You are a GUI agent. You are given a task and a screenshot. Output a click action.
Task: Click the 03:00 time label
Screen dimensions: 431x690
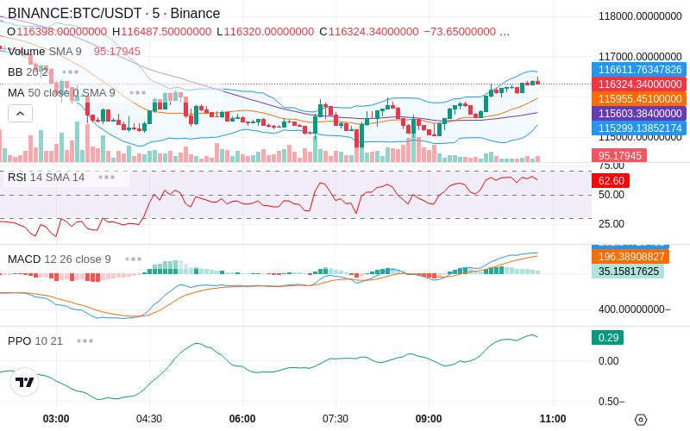pos(56,419)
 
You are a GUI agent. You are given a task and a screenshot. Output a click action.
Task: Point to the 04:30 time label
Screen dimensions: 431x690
pos(148,419)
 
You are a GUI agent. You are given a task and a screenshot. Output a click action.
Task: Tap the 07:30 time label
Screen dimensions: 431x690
pos(335,419)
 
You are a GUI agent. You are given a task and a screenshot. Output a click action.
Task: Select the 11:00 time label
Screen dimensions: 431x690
pos(552,419)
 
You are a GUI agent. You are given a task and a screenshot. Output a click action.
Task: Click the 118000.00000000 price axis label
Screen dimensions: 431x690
pos(640,16)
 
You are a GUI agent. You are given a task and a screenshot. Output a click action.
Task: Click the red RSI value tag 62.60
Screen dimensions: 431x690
pos(611,181)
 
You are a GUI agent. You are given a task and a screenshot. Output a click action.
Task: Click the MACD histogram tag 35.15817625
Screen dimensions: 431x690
pos(627,271)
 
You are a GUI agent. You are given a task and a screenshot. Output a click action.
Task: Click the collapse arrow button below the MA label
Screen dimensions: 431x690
pos(20,113)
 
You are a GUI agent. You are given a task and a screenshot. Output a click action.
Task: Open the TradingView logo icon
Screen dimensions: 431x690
pos(25,382)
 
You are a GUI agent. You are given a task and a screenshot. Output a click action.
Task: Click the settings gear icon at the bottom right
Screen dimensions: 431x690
pos(640,420)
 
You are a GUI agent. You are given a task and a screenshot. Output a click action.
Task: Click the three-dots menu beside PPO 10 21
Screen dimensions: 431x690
pos(85,340)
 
